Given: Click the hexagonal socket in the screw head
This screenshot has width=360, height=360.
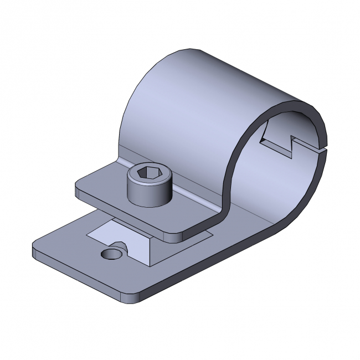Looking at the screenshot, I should (x=147, y=174).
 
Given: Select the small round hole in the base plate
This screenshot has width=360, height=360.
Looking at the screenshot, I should (x=111, y=254).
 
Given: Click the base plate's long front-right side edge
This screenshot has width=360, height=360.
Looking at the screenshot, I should (x=222, y=260).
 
